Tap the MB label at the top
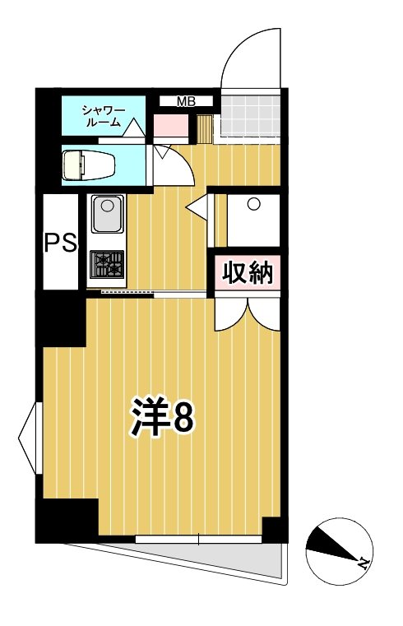[x=187, y=101]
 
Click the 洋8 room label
[x=162, y=417]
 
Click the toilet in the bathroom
[x=89, y=164]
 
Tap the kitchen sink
[x=108, y=216]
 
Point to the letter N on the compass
[x=361, y=565]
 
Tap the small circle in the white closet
[x=254, y=203]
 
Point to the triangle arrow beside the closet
[x=198, y=209]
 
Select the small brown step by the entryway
[x=204, y=128]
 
